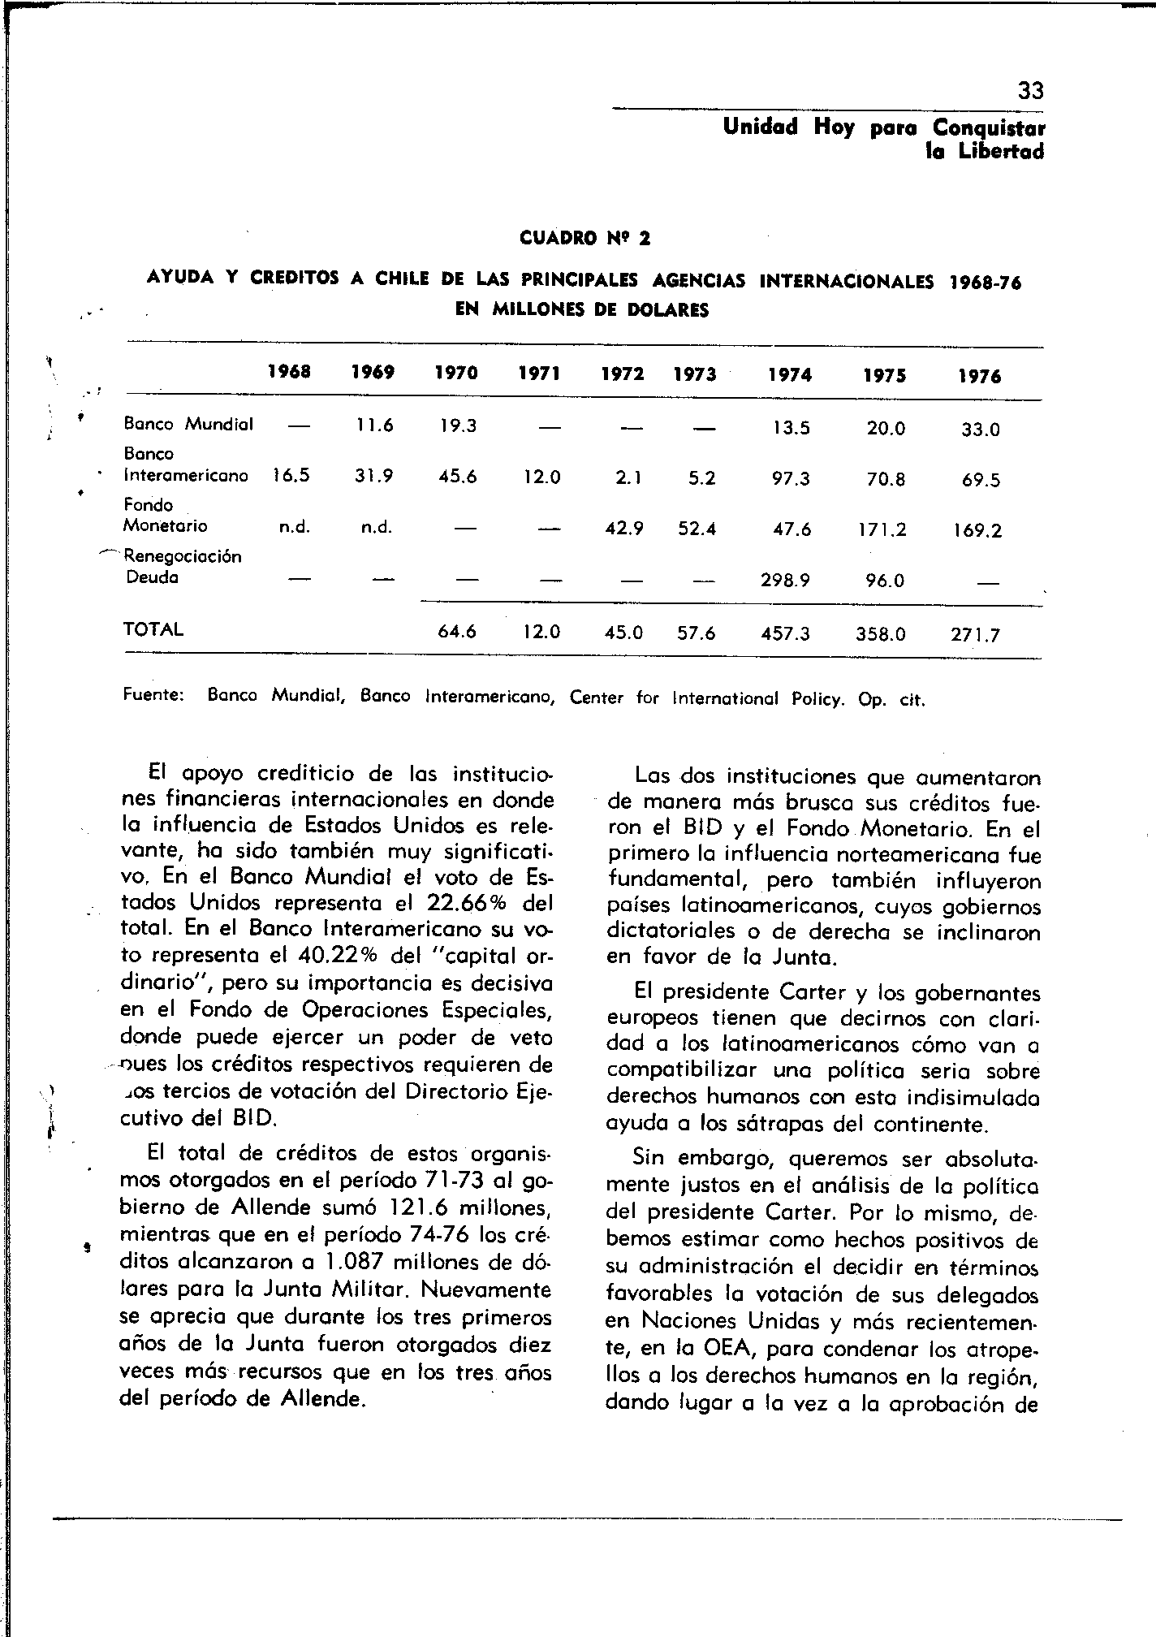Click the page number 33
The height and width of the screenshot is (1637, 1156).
[x=1030, y=91]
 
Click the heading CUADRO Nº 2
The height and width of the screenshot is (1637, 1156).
[x=584, y=239]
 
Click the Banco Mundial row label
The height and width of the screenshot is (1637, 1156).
[x=188, y=424]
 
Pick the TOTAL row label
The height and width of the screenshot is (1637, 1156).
[x=153, y=629]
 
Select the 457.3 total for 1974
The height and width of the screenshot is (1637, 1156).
[x=785, y=633]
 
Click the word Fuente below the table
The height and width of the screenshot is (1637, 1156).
[x=153, y=696]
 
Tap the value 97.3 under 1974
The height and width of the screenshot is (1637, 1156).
[x=791, y=479]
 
